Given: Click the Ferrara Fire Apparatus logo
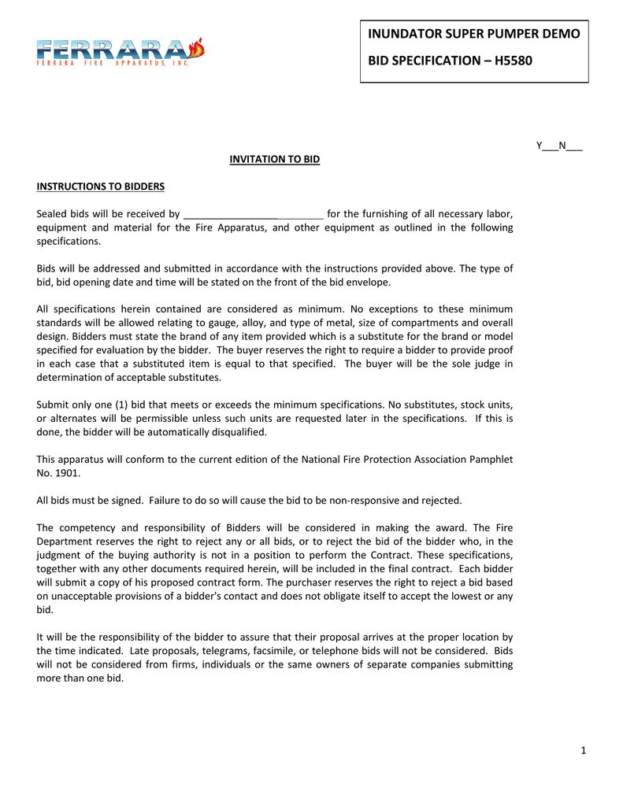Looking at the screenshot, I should [x=120, y=52].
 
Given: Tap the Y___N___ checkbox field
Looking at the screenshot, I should [x=559, y=146].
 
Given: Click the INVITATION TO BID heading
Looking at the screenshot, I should [x=275, y=159].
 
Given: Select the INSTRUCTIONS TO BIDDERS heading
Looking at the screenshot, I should [x=101, y=187].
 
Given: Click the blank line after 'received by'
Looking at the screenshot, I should [x=253, y=214].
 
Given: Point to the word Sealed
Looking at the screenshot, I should [x=54, y=214].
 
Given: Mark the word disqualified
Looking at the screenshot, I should [x=239, y=432].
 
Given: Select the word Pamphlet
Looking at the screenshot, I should [x=491, y=460].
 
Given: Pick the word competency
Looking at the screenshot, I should [x=87, y=527].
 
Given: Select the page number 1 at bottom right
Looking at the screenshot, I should [x=584, y=750].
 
